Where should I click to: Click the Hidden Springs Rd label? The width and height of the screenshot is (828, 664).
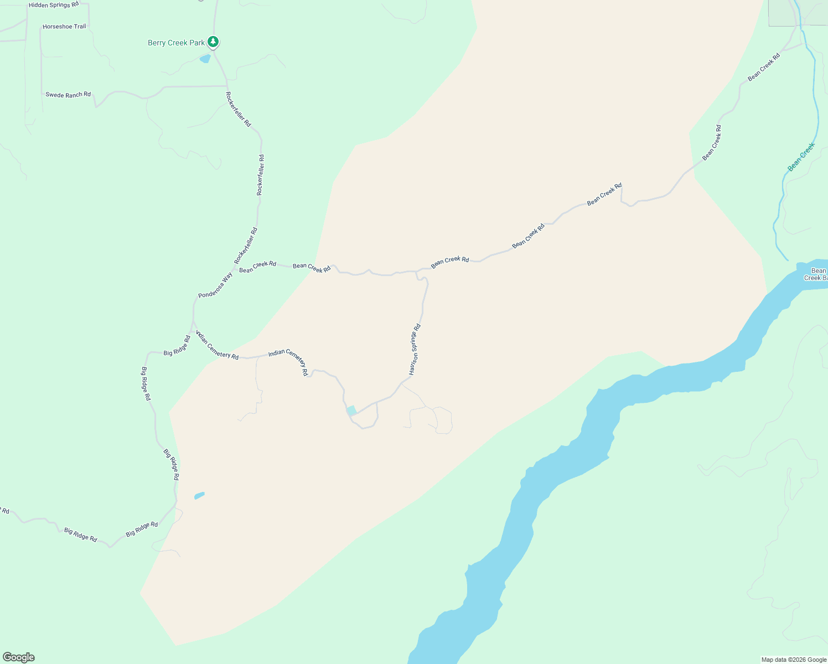tap(54, 5)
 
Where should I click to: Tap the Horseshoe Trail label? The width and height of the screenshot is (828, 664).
tap(64, 27)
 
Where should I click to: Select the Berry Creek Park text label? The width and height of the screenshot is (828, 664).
tap(176, 43)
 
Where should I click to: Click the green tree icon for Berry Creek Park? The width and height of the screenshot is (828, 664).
tap(213, 41)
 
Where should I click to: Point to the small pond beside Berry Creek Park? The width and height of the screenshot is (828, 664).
tap(205, 59)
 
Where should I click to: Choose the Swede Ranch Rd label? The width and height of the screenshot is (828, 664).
tap(68, 95)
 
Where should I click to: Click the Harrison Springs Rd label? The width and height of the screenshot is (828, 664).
tap(415, 349)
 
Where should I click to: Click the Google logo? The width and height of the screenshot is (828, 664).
tap(19, 657)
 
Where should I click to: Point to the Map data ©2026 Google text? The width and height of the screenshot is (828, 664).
tap(794, 660)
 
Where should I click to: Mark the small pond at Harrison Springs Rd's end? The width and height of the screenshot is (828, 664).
tap(351, 411)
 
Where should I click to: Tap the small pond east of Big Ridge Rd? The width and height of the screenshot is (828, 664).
tap(199, 496)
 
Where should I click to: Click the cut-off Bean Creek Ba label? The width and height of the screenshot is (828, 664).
tap(816, 274)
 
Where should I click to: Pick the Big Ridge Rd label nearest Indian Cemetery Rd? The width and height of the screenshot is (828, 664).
tap(177, 346)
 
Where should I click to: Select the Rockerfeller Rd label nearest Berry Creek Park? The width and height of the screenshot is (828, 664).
tap(239, 109)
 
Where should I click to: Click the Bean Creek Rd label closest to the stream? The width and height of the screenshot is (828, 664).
tap(764, 67)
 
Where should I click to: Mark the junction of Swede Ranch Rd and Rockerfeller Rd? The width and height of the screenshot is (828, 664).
tap(227, 86)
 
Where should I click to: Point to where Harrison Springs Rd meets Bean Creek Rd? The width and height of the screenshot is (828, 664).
tap(416, 272)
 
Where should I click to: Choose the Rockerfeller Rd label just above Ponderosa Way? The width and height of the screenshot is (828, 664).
tap(246, 246)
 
